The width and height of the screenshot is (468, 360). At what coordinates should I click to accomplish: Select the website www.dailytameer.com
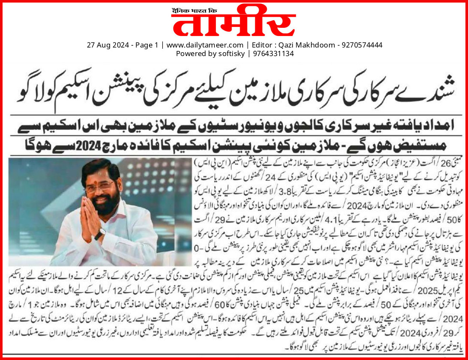tap(205, 45)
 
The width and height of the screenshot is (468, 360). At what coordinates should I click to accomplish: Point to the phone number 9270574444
tap(361, 45)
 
